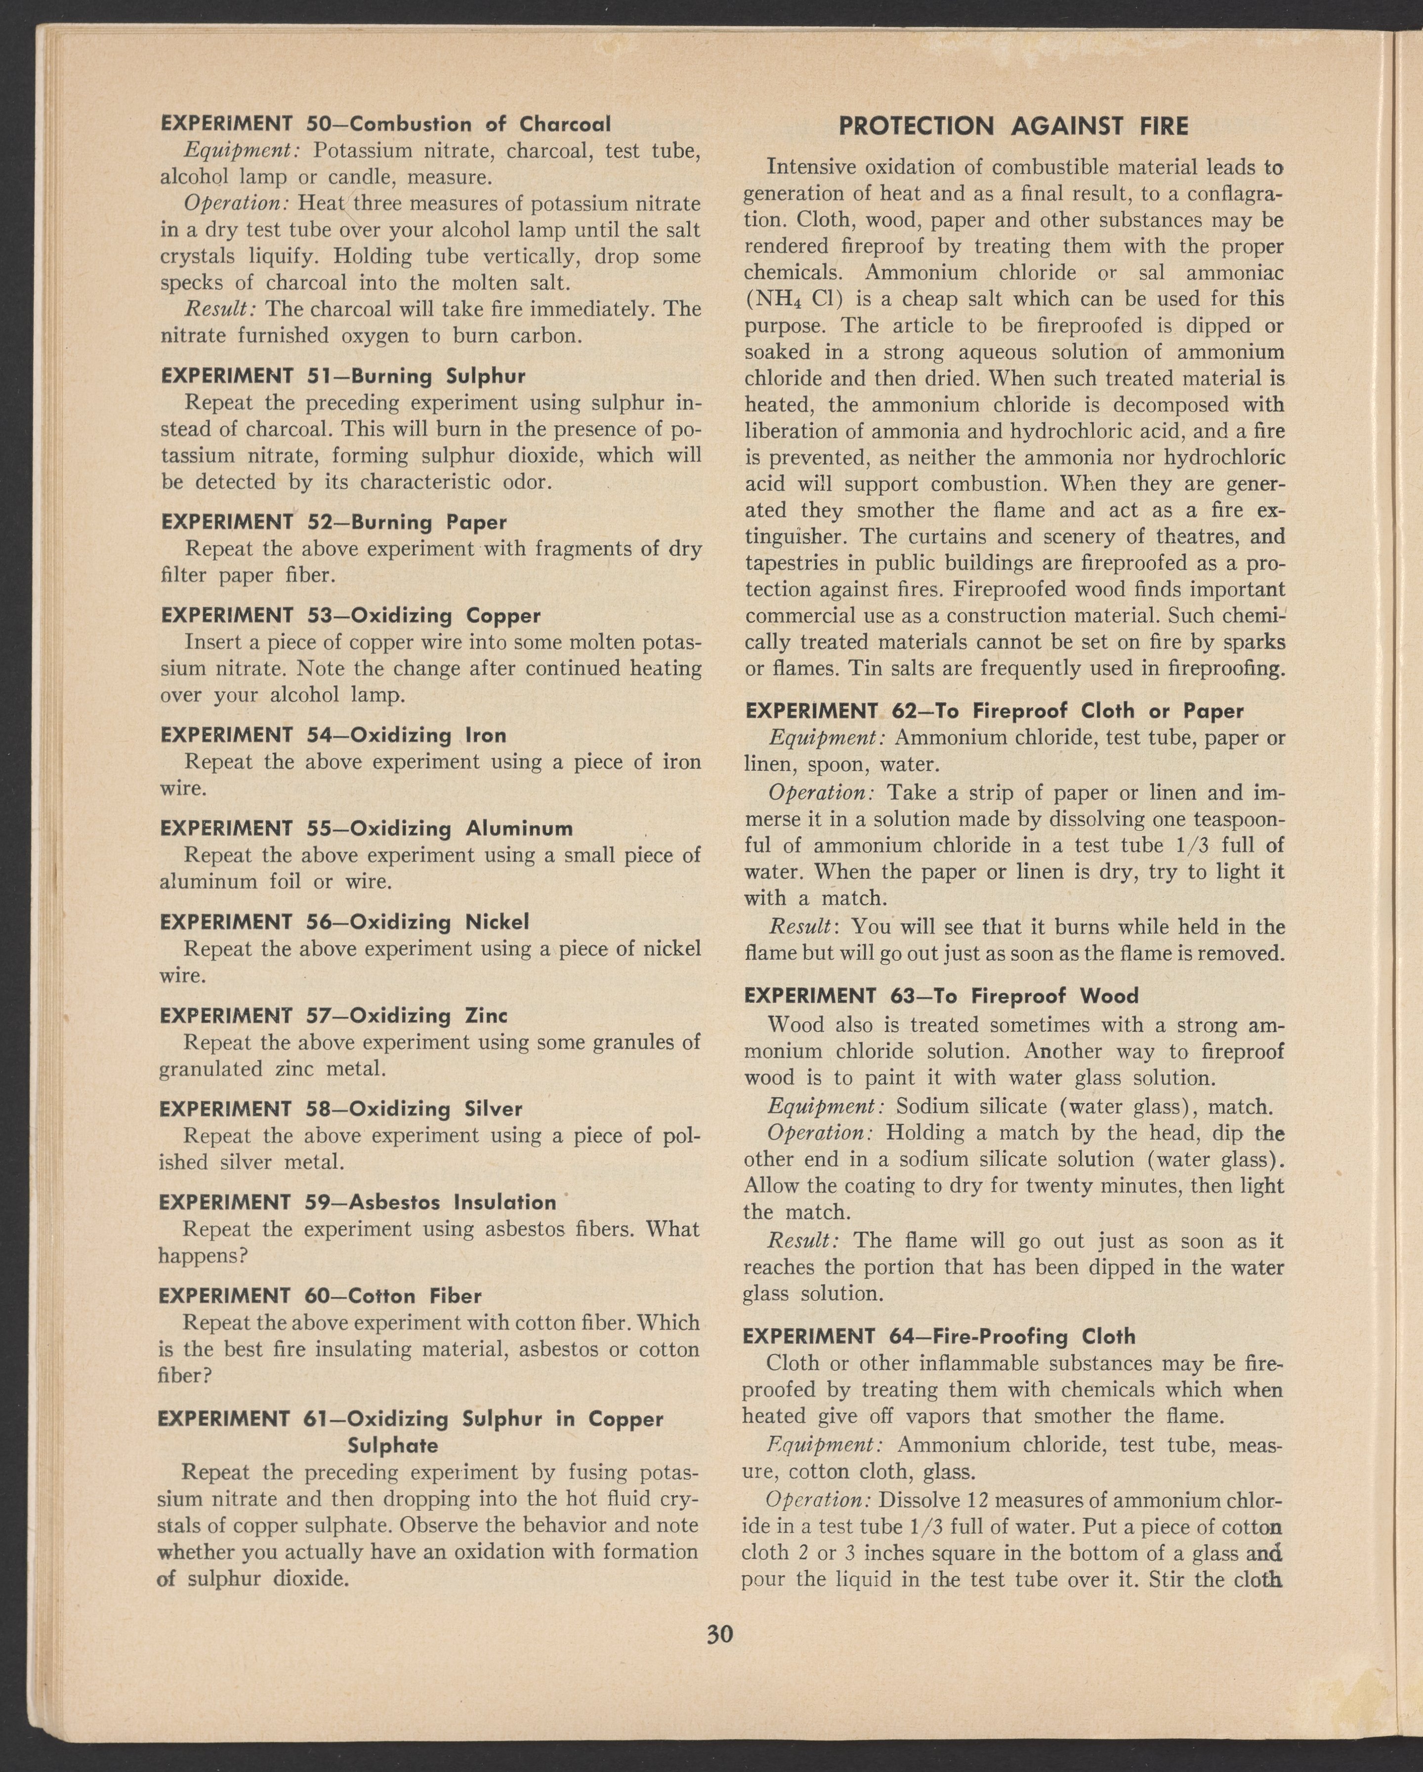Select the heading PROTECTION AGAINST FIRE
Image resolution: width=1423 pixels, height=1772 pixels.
(x=1013, y=126)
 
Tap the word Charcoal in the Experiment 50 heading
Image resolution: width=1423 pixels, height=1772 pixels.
(x=565, y=124)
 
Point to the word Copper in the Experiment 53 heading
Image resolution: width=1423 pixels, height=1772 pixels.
(x=503, y=616)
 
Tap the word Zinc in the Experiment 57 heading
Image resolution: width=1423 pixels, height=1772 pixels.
(x=487, y=1016)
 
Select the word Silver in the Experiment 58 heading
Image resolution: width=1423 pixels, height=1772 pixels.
(x=493, y=1109)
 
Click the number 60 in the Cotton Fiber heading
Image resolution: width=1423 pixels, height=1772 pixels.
(x=317, y=1296)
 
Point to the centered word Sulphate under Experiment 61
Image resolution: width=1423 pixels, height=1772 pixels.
(x=393, y=1445)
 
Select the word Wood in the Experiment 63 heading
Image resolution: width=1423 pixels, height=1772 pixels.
(x=1109, y=996)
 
